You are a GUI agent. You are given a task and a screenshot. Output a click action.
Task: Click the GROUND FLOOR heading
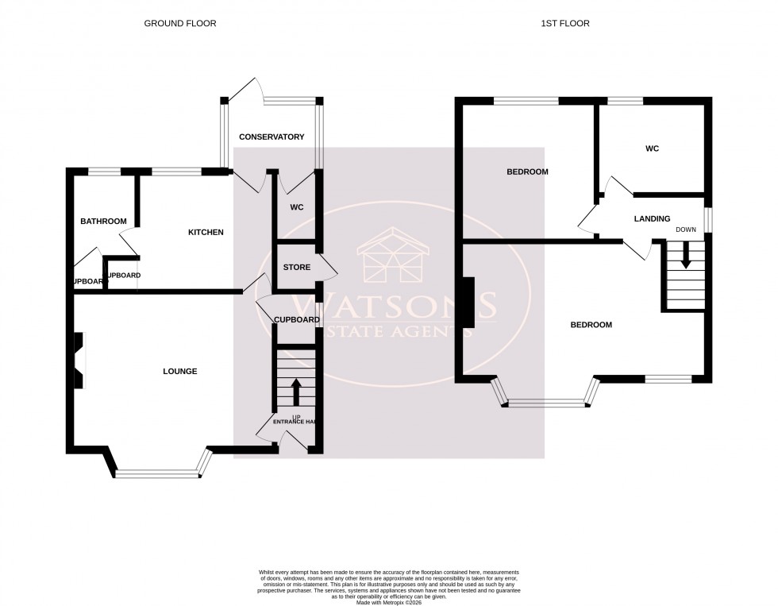coord(179,24)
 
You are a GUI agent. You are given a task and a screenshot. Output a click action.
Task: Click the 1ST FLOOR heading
coord(565,24)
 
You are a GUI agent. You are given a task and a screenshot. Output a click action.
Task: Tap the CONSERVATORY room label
coord(272,137)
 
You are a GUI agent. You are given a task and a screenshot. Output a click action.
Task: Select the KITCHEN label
coord(205,232)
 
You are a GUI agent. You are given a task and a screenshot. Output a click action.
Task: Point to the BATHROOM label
coord(103,221)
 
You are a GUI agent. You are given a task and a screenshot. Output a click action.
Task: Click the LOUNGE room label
coord(179,371)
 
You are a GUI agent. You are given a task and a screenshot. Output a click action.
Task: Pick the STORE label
coord(296,267)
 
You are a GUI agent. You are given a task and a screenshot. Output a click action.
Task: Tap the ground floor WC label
coord(296,207)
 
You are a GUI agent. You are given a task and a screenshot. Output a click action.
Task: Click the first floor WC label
coord(652,149)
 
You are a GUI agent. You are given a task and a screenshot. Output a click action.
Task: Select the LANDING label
coord(652,218)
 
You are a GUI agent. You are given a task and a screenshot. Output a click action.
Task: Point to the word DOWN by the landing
coord(685,230)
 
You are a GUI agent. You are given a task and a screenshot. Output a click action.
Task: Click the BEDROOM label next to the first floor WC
coord(527,172)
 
